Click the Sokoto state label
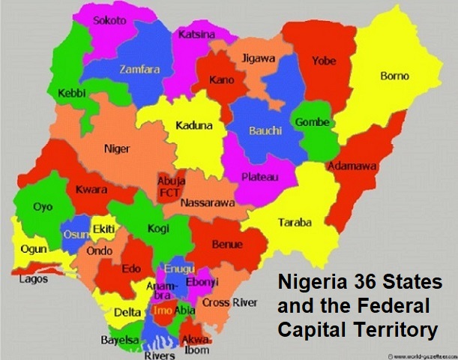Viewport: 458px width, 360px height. (x=109, y=21)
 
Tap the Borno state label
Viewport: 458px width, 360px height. (x=394, y=76)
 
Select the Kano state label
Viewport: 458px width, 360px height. (x=222, y=80)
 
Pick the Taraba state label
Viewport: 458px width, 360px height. (x=295, y=223)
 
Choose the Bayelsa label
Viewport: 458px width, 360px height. (x=120, y=340)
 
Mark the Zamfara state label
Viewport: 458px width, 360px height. (x=140, y=69)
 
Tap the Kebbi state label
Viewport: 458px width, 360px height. (x=72, y=93)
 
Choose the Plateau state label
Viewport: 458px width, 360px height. (x=260, y=177)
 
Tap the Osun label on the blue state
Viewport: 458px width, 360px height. (x=75, y=233)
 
